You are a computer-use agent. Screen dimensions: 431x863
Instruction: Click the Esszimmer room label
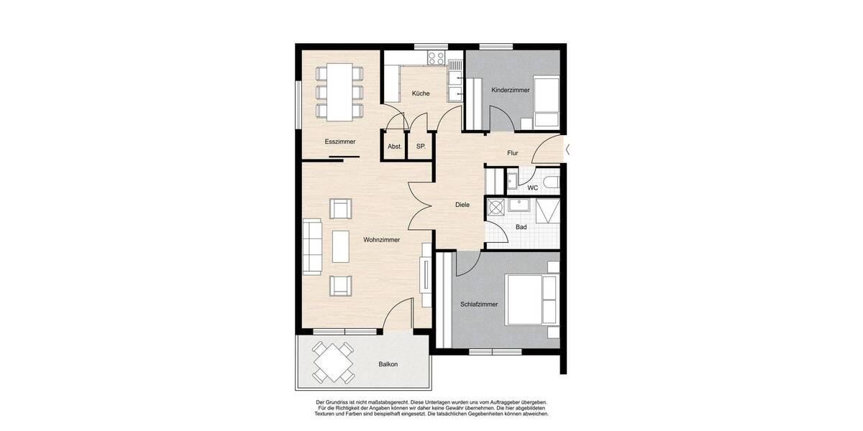(340, 142)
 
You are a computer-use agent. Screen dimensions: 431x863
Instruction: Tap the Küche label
(421, 94)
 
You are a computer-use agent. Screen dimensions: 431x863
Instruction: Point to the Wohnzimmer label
(381, 240)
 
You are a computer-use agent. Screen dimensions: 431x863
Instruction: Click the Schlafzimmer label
(479, 304)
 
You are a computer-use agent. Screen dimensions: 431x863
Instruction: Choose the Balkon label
(388, 364)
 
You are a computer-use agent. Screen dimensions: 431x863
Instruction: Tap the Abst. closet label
(394, 147)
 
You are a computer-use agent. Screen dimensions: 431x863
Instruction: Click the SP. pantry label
(421, 147)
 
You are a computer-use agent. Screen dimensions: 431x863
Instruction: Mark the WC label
(533, 187)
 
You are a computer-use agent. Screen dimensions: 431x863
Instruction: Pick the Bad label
(521, 227)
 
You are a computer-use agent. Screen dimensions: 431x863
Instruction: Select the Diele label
(462, 205)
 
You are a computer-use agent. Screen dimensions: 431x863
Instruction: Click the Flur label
(513, 153)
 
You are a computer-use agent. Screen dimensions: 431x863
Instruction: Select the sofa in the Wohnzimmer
(311, 246)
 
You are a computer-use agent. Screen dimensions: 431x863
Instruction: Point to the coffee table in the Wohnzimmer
(340, 246)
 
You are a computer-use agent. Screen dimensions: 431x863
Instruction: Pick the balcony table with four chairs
(332, 363)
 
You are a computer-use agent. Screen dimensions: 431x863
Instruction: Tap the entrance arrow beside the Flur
(568, 150)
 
